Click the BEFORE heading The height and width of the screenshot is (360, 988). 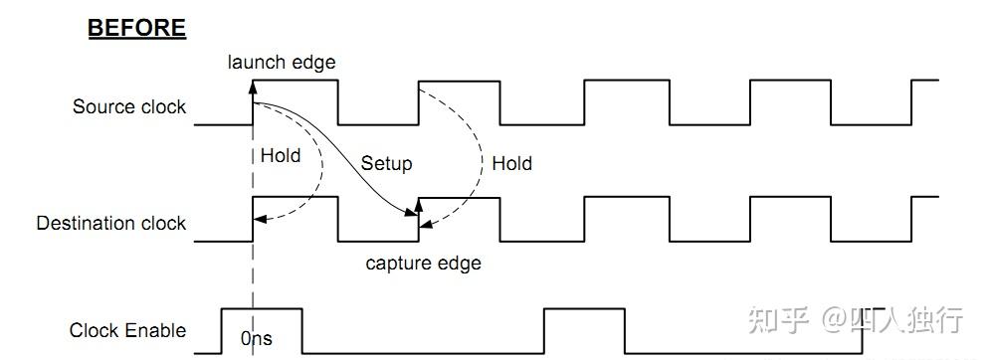pos(136,27)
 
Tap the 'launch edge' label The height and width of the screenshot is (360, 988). pos(282,62)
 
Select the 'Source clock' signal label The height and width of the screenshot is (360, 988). pos(129,106)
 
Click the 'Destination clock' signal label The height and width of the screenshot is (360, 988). pos(110,223)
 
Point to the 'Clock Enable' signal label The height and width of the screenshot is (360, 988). pos(127,330)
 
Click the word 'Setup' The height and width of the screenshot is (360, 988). pos(386,163)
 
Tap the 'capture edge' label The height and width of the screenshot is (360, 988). pos(423,264)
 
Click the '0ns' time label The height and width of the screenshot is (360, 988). pos(256,339)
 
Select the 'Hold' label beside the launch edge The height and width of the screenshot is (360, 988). pos(280,155)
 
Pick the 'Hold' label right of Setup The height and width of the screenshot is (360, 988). pos(511,163)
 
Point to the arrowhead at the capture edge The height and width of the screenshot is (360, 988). pos(419,206)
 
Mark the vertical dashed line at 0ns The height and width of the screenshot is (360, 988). pos(254,278)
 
